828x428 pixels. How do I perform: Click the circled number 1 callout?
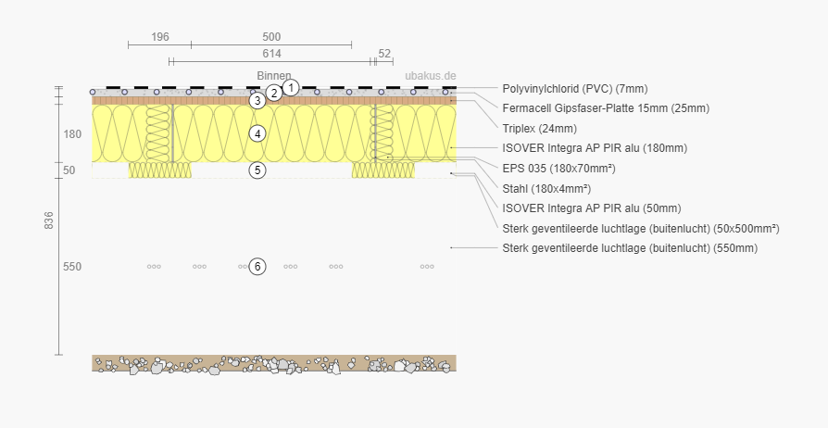coord(291,87)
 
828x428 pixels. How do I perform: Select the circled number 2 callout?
coord(274,93)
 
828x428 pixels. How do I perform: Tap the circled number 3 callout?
coord(257,101)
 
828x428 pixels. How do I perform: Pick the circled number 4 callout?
coord(257,133)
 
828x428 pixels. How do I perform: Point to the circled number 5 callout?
coord(257,170)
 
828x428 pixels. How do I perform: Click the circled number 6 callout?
coord(257,267)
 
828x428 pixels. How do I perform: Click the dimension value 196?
coord(160,37)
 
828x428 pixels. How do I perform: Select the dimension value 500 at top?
coord(271,37)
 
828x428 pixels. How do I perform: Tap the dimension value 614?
coord(271,54)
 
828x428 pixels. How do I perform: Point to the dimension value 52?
coord(384,54)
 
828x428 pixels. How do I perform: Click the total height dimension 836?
coord(49,220)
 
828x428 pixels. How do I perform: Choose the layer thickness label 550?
coord(72,267)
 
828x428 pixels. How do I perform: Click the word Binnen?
coord(274,76)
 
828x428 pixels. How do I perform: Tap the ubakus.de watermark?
coord(431,76)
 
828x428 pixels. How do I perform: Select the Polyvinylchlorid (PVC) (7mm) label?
coord(574,89)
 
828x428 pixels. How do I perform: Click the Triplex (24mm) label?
coord(539,128)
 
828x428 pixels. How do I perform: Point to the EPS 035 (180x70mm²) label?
coord(558,168)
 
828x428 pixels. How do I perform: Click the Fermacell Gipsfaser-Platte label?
coord(605,108)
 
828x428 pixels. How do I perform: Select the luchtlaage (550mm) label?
coord(629,247)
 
